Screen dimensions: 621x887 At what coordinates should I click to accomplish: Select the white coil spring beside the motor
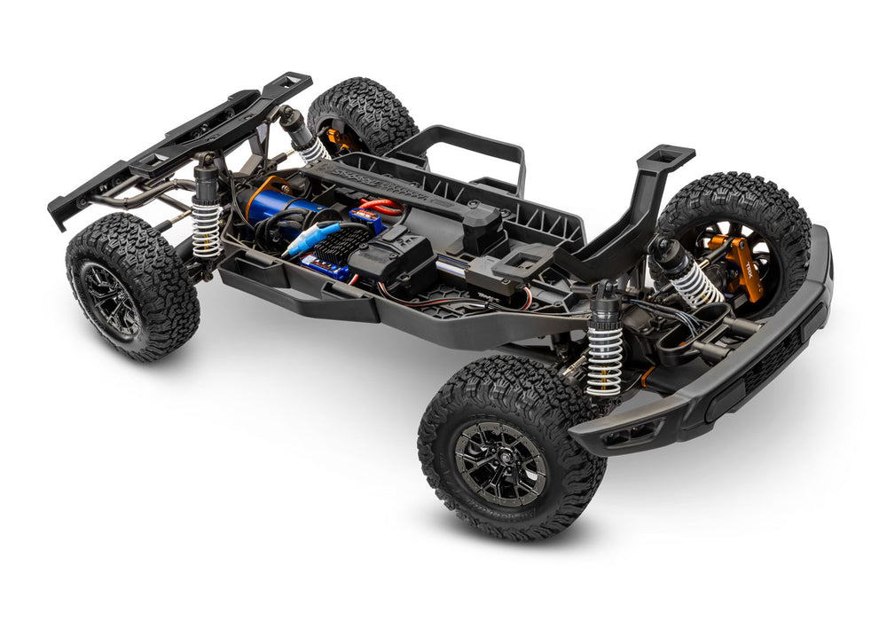[x=206, y=229]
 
